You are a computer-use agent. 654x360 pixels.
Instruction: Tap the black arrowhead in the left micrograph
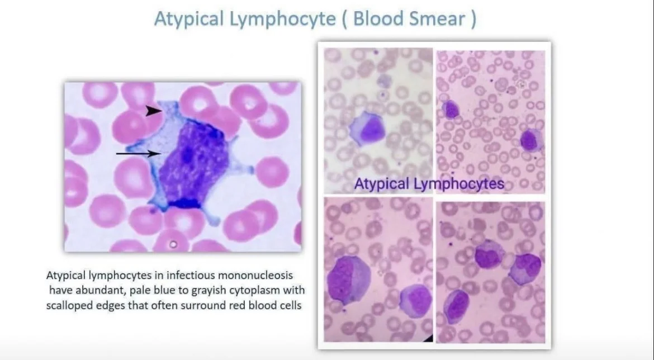154,111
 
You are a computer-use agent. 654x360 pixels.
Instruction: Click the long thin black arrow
138,154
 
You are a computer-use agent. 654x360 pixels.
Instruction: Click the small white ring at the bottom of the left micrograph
173,244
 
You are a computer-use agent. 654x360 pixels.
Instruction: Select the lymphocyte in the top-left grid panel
367,129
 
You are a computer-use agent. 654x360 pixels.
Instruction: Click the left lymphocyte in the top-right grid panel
451,110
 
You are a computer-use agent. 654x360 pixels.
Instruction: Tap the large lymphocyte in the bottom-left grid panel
348,280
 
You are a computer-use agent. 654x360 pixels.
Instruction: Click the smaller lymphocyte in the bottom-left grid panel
416,300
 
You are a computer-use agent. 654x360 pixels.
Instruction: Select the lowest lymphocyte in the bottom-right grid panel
456,306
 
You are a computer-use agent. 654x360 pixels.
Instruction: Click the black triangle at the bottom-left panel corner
428,338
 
